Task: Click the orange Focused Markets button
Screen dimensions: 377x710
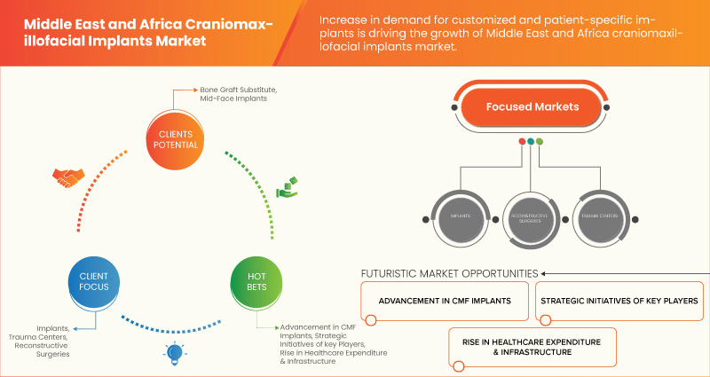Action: click(532, 107)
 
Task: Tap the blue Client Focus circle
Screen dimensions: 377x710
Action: click(87, 282)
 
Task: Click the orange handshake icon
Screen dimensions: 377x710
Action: click(66, 177)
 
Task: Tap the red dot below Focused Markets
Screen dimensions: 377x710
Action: click(521, 140)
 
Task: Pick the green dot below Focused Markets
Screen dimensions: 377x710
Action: click(540, 140)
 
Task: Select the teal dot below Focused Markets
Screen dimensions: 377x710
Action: click(531, 140)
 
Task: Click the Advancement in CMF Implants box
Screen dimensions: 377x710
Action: click(445, 301)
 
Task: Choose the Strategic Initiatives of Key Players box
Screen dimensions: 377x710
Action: click(619, 301)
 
